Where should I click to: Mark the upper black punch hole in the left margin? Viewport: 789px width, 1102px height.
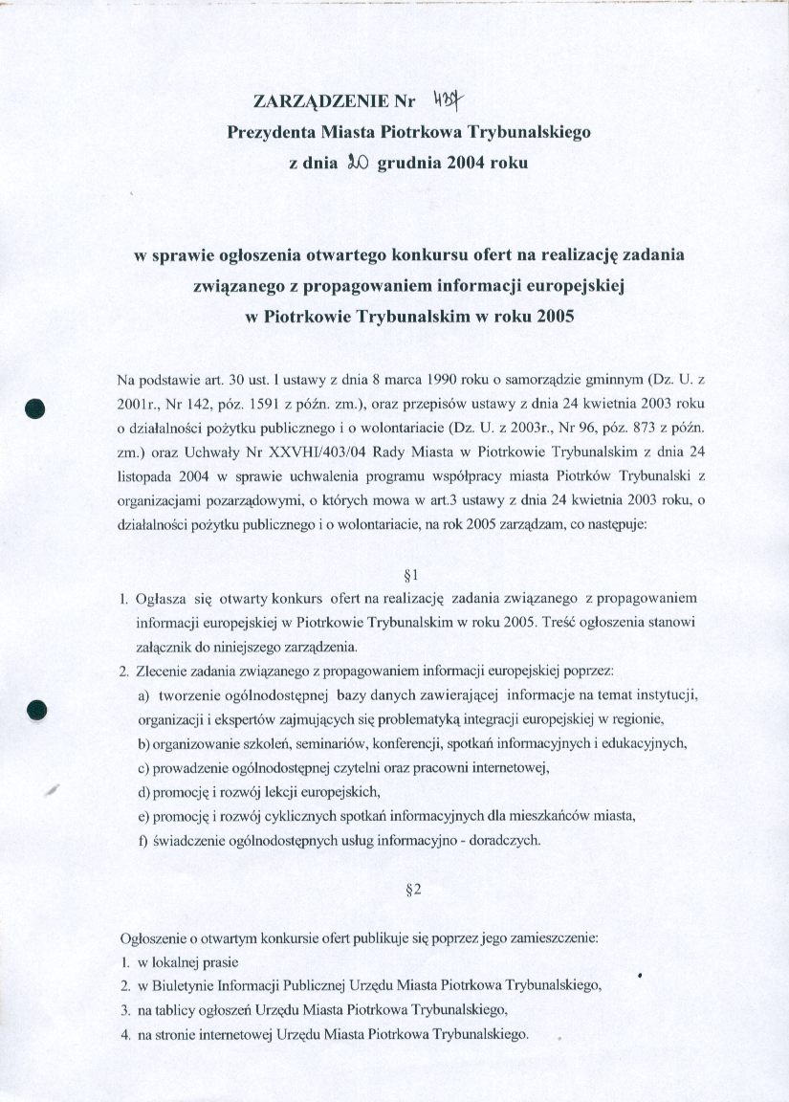[x=37, y=408]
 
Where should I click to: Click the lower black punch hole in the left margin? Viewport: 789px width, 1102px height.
[x=37, y=710]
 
